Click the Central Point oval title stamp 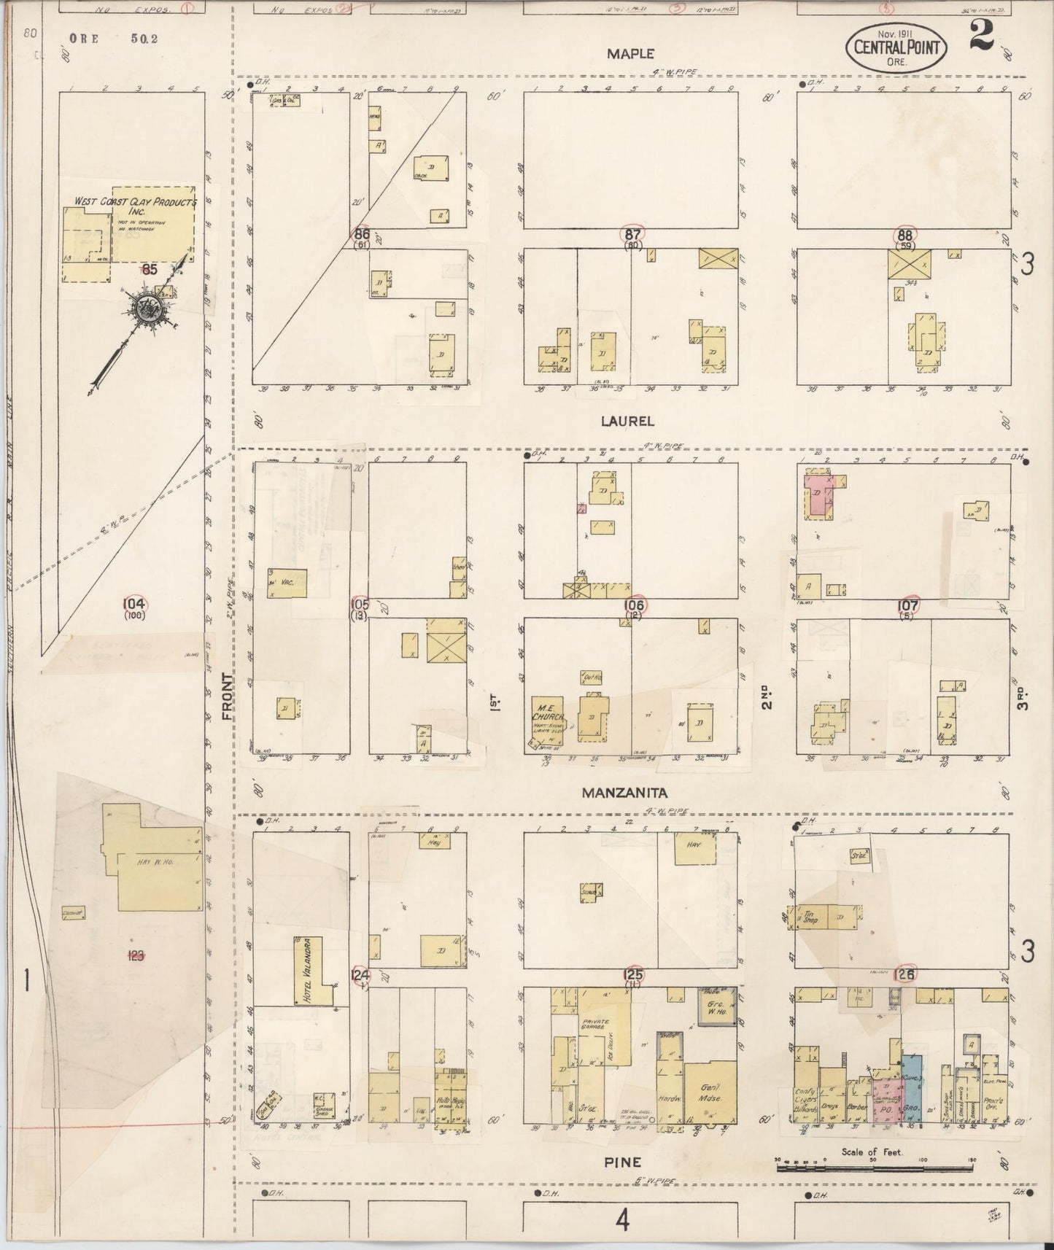(x=896, y=49)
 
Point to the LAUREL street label (x=627, y=421)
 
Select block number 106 (x=633, y=605)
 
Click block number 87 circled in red (x=632, y=234)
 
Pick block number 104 (x=134, y=603)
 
